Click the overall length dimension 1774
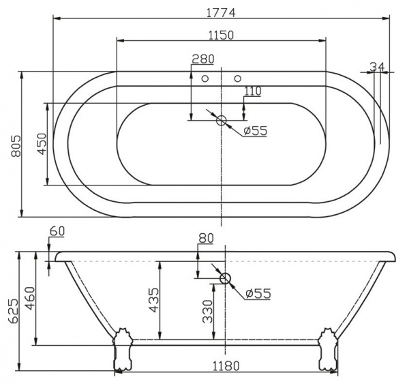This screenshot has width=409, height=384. (x=222, y=11)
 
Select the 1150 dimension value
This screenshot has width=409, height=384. (x=222, y=35)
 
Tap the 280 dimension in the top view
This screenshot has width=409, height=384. (x=202, y=59)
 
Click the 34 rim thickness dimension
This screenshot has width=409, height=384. (x=377, y=66)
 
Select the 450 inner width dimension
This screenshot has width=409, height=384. (x=40, y=144)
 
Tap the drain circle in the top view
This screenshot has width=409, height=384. (x=222, y=121)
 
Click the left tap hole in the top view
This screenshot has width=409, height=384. (x=205, y=78)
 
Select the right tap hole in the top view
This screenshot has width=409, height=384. (x=238, y=78)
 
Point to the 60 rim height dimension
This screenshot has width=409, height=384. (x=57, y=231)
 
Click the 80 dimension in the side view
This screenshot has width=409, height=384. (x=206, y=238)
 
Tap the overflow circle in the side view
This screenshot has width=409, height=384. (x=226, y=278)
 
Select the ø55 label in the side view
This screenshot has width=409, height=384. (x=258, y=293)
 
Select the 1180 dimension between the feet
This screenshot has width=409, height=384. (x=225, y=366)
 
